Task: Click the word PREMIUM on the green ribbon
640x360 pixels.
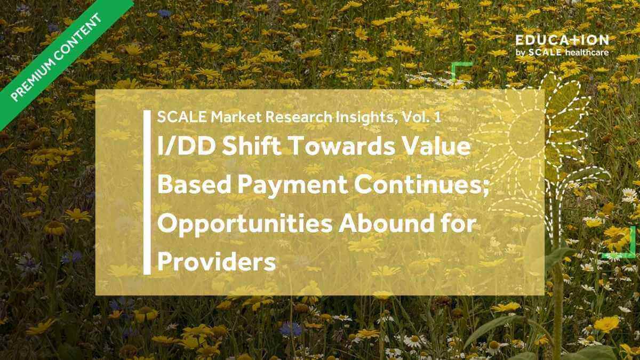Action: click(34, 77)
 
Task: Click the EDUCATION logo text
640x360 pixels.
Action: click(562, 41)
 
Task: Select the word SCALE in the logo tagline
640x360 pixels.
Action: click(545, 52)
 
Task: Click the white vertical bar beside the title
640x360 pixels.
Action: click(147, 193)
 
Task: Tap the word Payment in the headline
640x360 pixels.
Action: click(292, 186)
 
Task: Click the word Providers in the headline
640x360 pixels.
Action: click(217, 262)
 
